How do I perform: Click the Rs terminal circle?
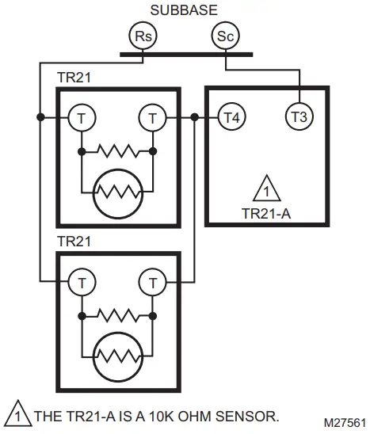pos(143,36)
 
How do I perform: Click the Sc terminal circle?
pos(226,36)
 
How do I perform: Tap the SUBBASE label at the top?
pos(185,10)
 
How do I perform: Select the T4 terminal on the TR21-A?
pos(231,117)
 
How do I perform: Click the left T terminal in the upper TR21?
pos(81,117)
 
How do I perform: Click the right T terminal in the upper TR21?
pos(152,117)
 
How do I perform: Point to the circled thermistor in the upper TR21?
pos(116,190)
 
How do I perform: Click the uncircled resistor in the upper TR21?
pos(116,150)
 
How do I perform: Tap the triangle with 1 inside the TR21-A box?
pos(267,191)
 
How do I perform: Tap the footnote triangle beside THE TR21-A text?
pos(14,414)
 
